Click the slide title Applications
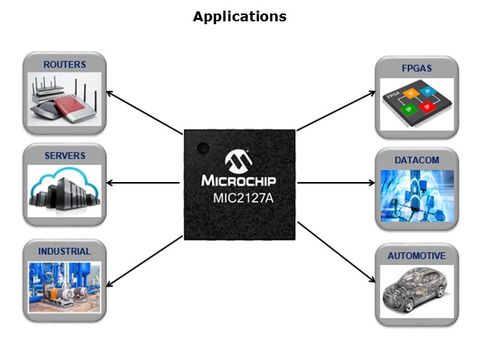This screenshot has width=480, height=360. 240,16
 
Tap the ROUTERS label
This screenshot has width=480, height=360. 65,65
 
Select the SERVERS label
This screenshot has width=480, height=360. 65,156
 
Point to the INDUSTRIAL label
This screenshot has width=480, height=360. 65,251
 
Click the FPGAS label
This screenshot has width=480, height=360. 417,69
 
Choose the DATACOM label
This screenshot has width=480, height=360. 417,160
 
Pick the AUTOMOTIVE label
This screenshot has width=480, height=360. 417,256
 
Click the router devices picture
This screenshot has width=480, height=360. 65,100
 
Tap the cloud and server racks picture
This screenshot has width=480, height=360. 65,191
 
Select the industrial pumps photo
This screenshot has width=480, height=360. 65,286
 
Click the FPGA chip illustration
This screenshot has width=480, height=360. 417,104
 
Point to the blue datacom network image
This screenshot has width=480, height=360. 417,194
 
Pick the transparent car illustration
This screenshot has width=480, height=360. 417,290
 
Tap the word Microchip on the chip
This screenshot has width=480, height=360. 239,180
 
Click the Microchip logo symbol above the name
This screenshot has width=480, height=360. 239,159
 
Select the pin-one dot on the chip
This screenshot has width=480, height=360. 201,149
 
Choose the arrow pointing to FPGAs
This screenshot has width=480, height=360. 336,111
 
